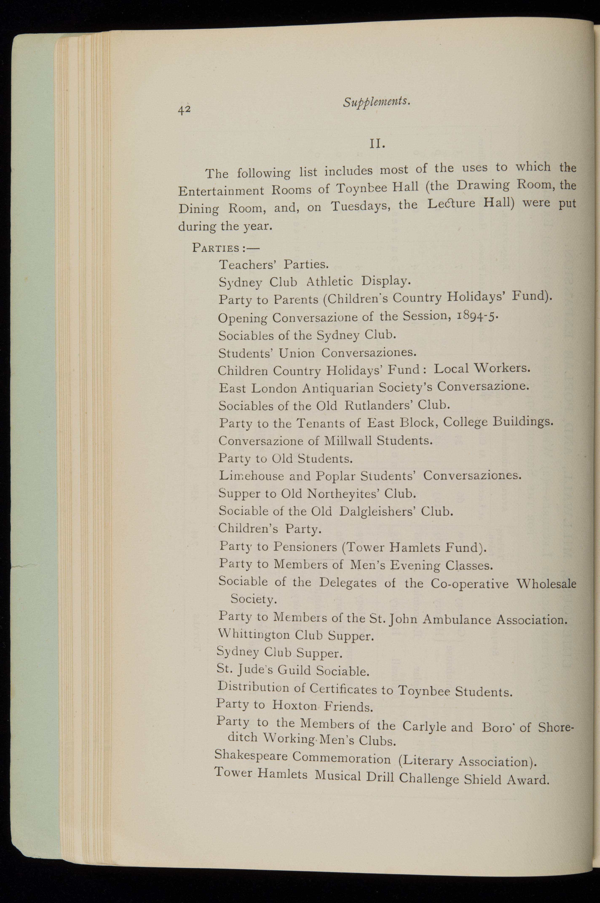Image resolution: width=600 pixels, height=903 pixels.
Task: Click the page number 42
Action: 184,110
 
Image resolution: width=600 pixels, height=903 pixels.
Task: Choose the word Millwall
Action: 348,441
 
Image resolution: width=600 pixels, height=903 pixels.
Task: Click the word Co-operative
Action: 470,584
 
